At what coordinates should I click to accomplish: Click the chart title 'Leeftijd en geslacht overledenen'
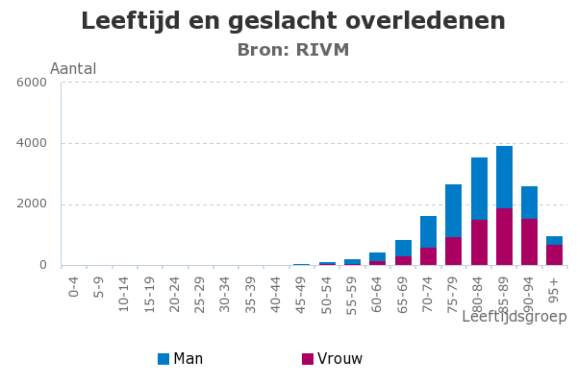pyautogui.click(x=292, y=21)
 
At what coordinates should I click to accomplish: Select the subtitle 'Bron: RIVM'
pyautogui.click(x=292, y=50)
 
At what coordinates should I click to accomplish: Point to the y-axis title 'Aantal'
pyautogui.click(x=73, y=69)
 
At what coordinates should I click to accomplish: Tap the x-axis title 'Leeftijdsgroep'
pyautogui.click(x=514, y=316)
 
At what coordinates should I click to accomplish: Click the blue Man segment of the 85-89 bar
pyautogui.click(x=504, y=177)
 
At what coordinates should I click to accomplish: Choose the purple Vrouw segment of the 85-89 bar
pyautogui.click(x=504, y=237)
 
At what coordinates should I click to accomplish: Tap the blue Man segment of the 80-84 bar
pyautogui.click(x=479, y=188)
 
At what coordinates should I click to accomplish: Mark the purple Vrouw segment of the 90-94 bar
pyautogui.click(x=529, y=242)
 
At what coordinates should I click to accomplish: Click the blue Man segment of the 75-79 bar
pyautogui.click(x=454, y=210)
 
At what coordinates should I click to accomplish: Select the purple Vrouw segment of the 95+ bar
pyautogui.click(x=554, y=255)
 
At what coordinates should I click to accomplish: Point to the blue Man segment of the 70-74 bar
pyautogui.click(x=428, y=231)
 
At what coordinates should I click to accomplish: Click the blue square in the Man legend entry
pyautogui.click(x=163, y=359)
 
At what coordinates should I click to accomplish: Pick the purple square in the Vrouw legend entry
pyautogui.click(x=308, y=359)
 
